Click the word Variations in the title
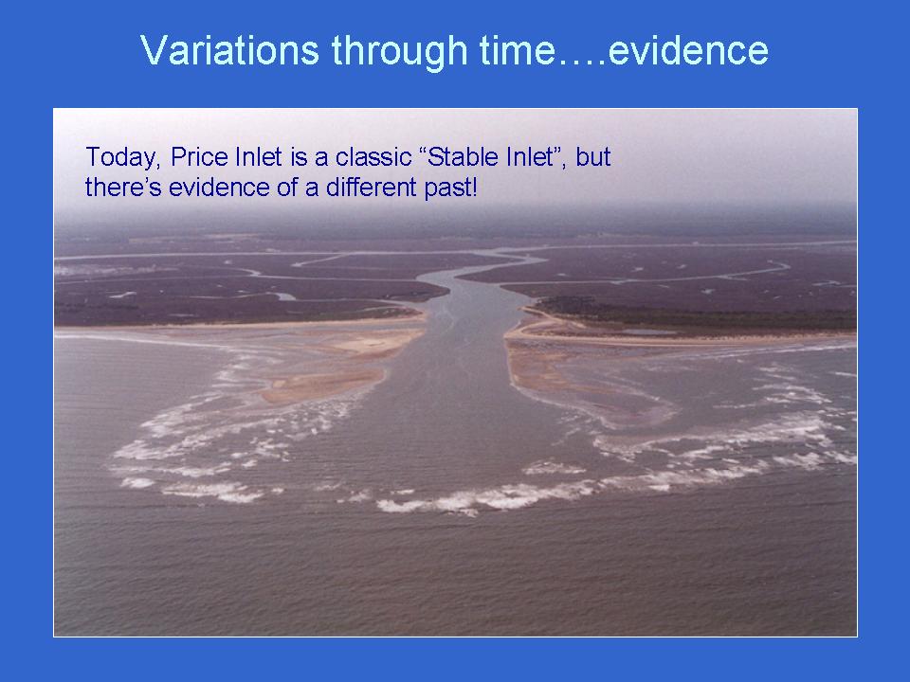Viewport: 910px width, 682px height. pyautogui.click(x=229, y=50)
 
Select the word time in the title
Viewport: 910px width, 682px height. pyautogui.click(x=518, y=50)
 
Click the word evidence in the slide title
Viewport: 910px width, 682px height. pyautogui.click(x=688, y=50)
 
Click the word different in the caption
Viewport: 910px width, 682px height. pyautogui.click(x=372, y=188)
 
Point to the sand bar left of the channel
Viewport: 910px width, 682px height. pyautogui.click(x=321, y=386)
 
